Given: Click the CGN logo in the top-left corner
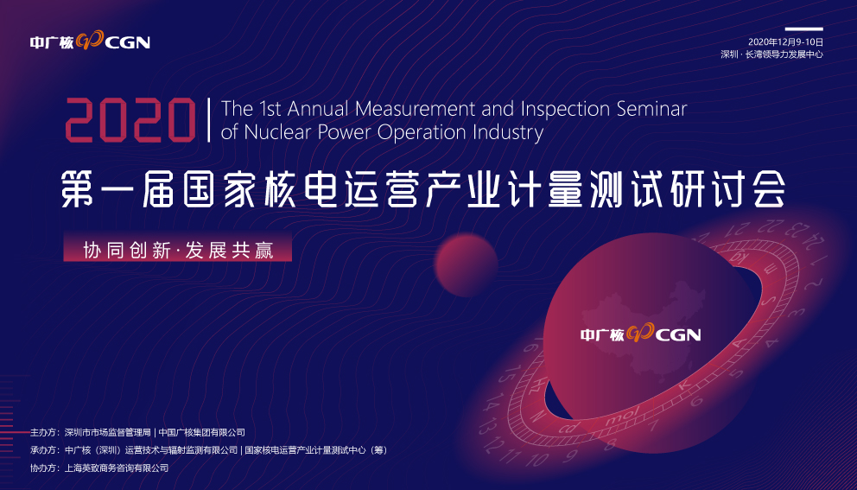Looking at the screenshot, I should tap(90, 41).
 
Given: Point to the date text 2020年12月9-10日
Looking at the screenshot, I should tap(785, 41).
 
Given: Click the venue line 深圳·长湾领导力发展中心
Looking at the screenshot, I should tap(771, 54).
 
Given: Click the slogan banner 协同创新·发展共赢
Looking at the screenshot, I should tap(177, 250).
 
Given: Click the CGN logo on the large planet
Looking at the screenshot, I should tap(640, 335).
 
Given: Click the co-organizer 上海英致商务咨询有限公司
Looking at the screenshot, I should tap(117, 468).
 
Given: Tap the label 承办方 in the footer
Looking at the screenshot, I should tap(44, 449).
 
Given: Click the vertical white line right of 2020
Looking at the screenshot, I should tap(208, 120).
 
